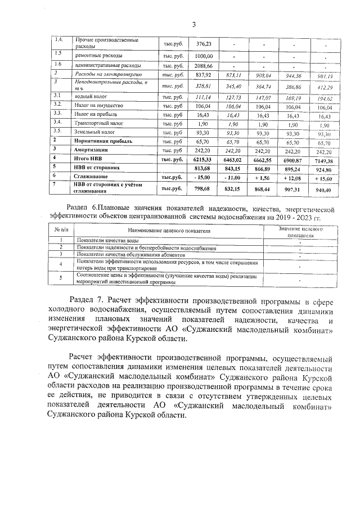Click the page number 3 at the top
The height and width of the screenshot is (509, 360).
[x=193, y=24]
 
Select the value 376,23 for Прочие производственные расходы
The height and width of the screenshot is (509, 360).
[x=203, y=44]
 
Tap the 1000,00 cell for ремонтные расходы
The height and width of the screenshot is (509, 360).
[x=203, y=56]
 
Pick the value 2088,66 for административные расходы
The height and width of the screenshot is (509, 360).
[x=203, y=66]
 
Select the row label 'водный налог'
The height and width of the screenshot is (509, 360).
[x=89, y=97]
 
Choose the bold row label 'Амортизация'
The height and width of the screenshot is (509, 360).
[x=93, y=151]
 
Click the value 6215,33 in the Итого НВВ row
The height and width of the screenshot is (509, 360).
[x=203, y=160]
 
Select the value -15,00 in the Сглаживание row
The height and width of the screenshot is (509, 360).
[x=203, y=177]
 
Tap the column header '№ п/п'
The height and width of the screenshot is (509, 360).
[x=61, y=231]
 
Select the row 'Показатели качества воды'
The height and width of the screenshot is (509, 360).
[x=107, y=241]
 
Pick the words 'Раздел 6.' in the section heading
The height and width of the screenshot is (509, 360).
[x=85, y=207]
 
